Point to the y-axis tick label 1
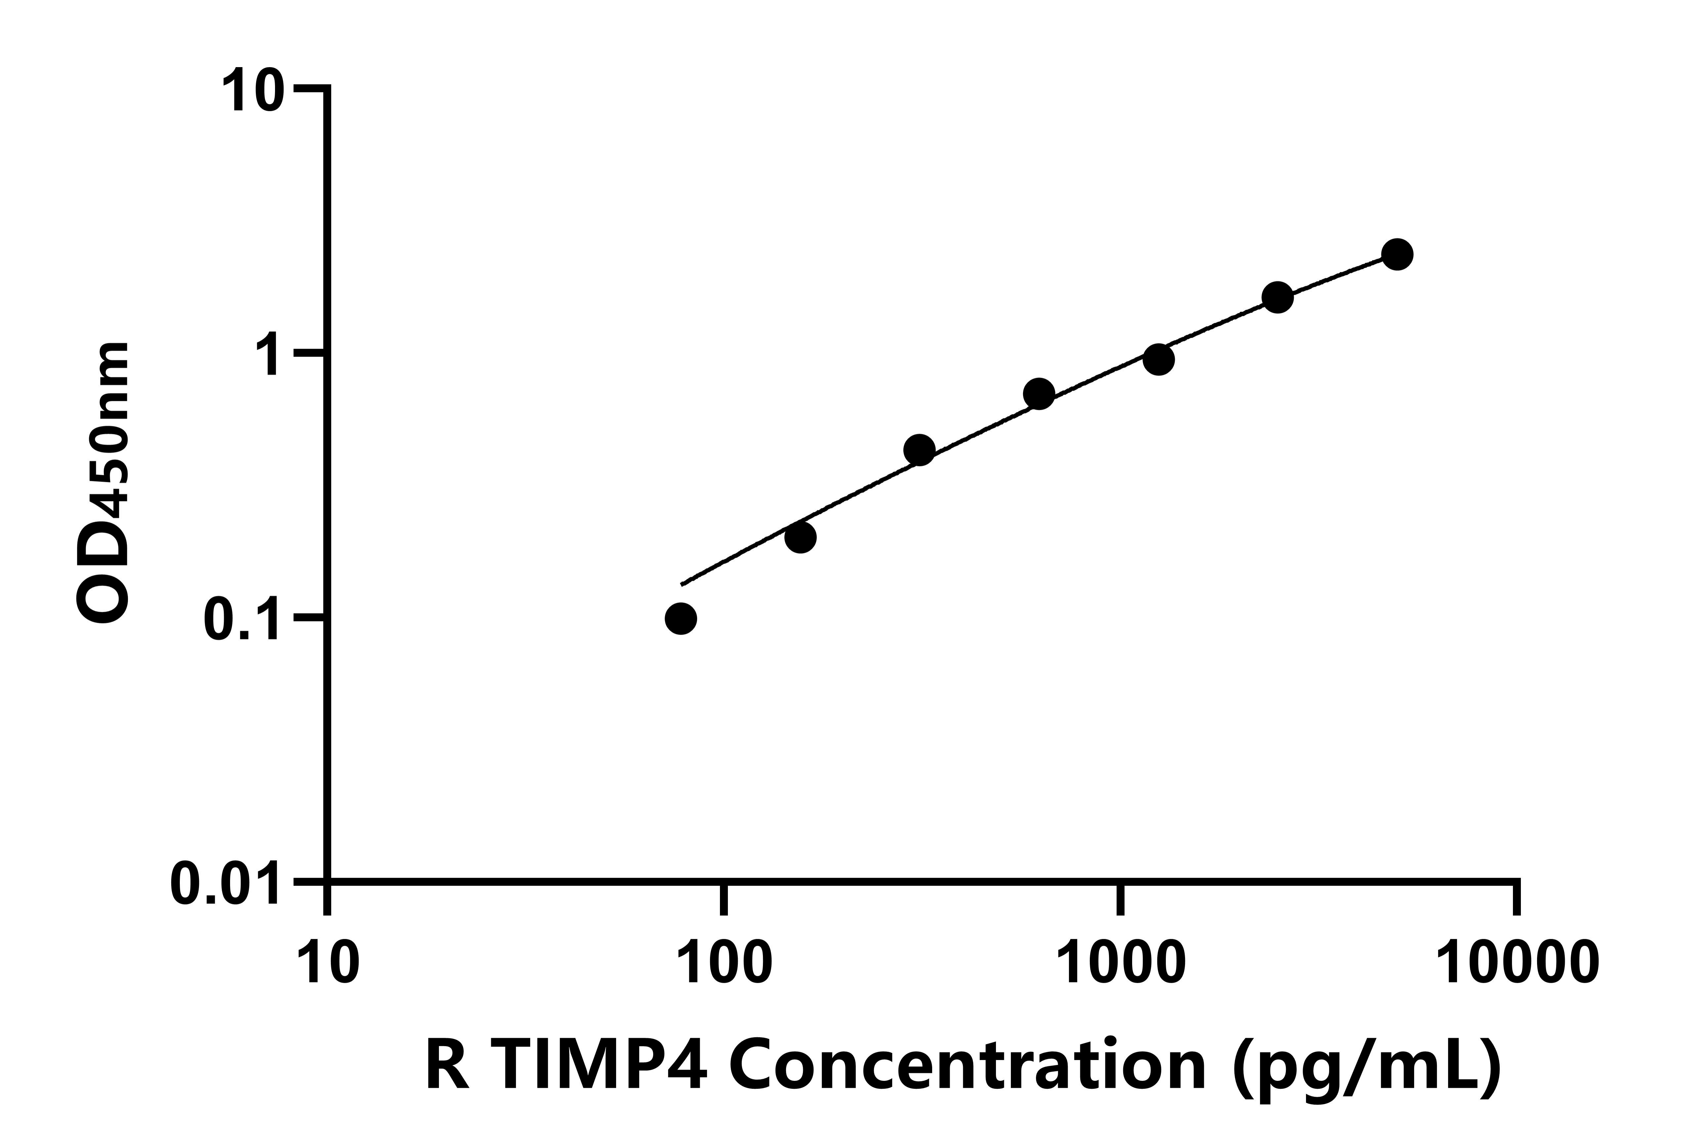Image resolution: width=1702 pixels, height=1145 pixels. coord(267,354)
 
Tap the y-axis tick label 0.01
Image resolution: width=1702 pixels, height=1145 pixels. coord(225,884)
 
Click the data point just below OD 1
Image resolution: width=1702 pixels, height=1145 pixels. coord(1158,359)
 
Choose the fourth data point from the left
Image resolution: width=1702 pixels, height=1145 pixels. coord(1038,394)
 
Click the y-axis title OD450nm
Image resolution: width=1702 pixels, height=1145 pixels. coord(104,483)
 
